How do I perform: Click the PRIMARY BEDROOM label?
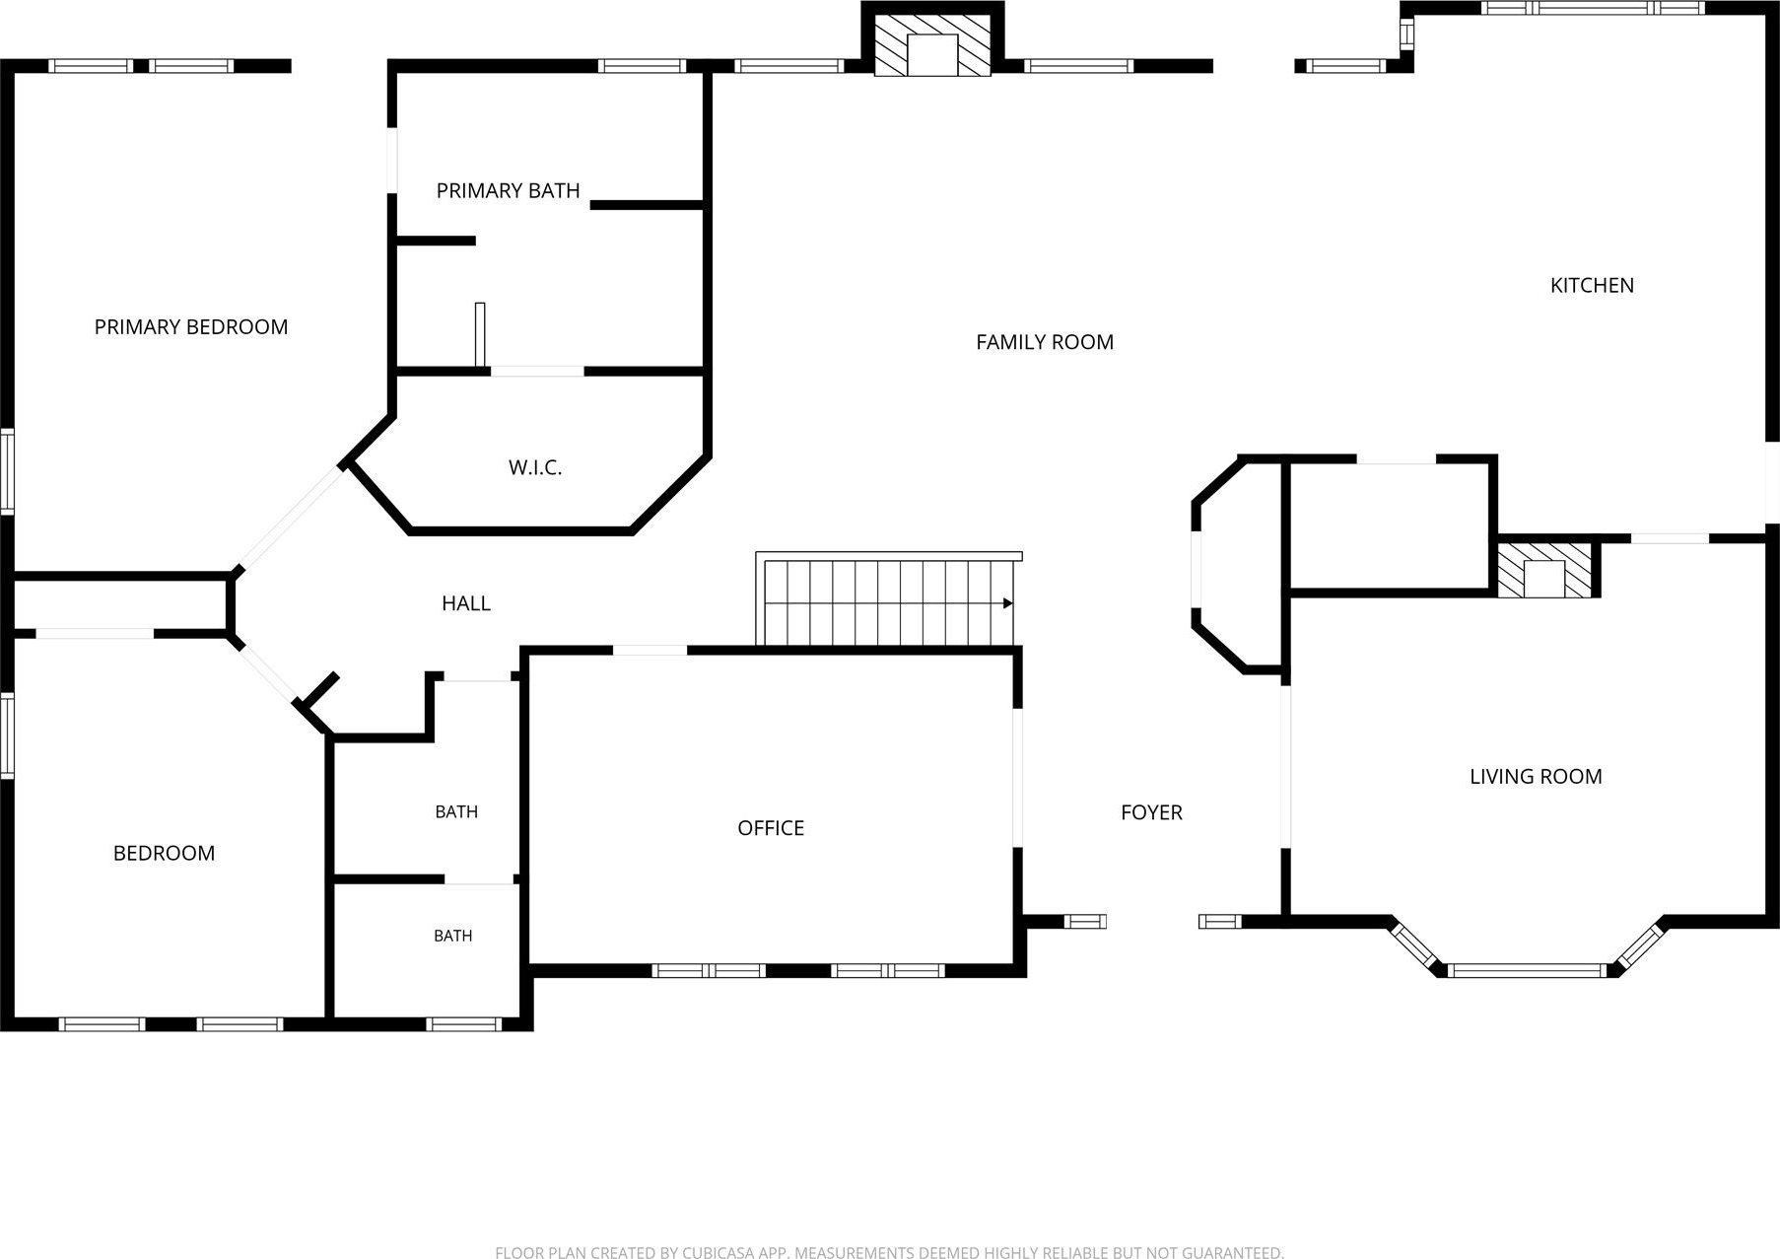click(x=191, y=326)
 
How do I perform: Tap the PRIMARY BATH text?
click(x=508, y=190)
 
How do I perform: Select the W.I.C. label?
click(x=535, y=467)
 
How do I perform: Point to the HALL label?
click(x=466, y=603)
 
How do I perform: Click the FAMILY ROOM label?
click(x=1045, y=342)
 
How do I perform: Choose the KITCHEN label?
click(x=1592, y=285)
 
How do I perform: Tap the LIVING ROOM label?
click(x=1536, y=777)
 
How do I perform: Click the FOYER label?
click(x=1151, y=812)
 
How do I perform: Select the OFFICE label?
click(x=771, y=828)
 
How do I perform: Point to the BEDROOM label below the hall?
click(x=164, y=853)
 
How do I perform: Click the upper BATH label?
click(x=456, y=812)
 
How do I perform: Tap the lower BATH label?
click(x=453, y=936)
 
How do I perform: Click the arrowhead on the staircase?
click(x=1008, y=603)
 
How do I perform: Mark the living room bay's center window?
click(x=1527, y=970)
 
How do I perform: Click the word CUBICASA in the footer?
click(x=716, y=1253)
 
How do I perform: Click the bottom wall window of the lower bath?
click(x=463, y=1024)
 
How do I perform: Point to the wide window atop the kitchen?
click(x=1593, y=8)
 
